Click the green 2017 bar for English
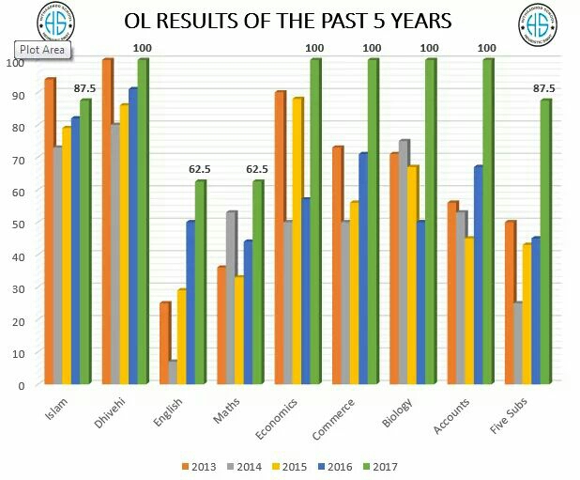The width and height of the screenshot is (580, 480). point(200,282)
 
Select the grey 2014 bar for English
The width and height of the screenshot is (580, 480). point(172,372)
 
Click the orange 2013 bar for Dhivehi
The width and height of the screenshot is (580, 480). point(107,221)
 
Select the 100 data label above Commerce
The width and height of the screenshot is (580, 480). point(372,48)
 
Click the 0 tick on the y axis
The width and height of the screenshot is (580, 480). point(20,384)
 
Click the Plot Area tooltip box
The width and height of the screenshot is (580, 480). point(40,50)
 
